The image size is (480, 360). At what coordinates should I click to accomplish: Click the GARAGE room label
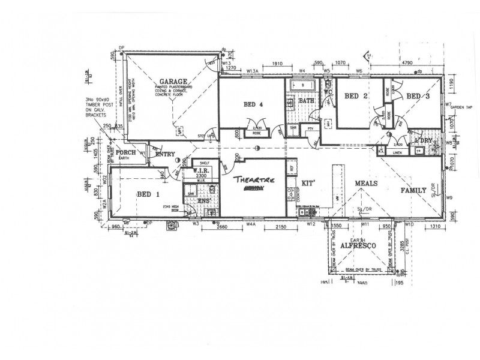tap(173, 82)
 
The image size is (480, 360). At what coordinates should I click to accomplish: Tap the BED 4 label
tap(253, 104)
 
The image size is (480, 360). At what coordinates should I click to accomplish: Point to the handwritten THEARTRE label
tap(253, 179)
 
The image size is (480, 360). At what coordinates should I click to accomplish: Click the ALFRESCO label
tap(358, 246)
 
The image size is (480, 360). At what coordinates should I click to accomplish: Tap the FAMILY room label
tap(413, 191)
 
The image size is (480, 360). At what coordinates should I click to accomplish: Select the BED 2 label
tap(356, 96)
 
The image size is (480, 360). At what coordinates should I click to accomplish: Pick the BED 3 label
tap(418, 96)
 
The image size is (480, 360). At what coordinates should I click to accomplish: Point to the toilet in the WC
tap(329, 86)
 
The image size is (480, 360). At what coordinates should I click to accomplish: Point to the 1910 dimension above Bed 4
tap(277, 63)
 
